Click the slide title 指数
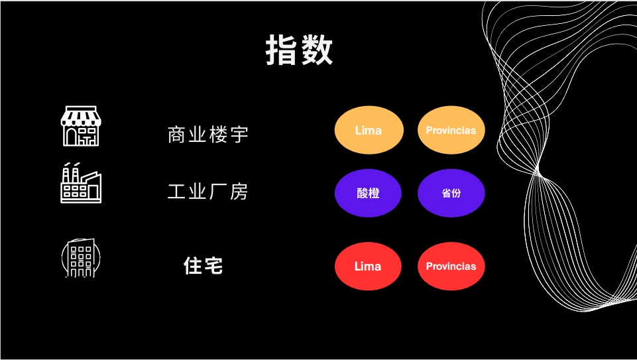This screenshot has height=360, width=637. coord(300,50)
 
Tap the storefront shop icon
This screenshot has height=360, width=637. coord(81,126)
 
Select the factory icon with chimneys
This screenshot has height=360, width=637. coord(81,182)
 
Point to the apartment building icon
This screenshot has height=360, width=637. coord(81,258)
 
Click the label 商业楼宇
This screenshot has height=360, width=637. coord(207,135)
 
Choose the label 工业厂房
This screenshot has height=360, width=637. coord(207,192)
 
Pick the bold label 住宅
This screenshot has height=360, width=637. coord(203,266)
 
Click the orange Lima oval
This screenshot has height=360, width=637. coord(369,130)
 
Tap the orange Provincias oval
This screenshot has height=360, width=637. coord(451,130)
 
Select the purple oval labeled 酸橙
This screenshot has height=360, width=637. coord(368,193)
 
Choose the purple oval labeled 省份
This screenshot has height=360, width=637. coord(451,193)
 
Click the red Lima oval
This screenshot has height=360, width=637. coord(368,266)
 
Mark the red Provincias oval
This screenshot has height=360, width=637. coord(451,266)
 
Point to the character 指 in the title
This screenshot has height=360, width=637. coord(282,50)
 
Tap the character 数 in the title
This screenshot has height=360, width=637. coord(317,50)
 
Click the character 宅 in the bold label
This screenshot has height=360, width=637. coord(213,266)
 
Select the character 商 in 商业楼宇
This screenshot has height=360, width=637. coord(177,135)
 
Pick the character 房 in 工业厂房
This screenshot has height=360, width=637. coord(239,192)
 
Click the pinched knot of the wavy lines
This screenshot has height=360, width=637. coord(539,172)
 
